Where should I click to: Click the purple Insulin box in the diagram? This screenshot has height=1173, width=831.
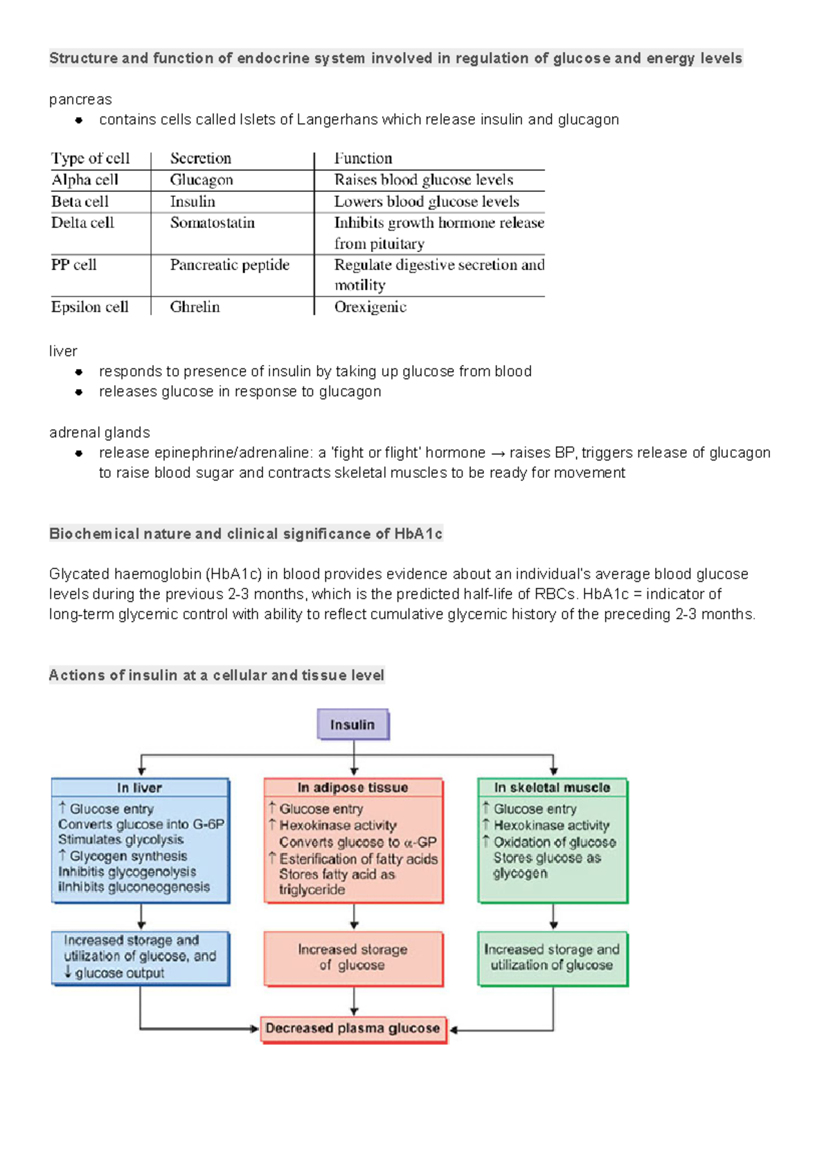click(x=352, y=724)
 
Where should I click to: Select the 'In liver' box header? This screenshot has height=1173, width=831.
click(x=139, y=788)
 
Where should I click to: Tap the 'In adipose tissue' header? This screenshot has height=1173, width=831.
click(x=352, y=787)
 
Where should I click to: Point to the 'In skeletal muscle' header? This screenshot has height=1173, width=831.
click(x=552, y=787)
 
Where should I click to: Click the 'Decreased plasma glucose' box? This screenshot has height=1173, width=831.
click(x=352, y=1028)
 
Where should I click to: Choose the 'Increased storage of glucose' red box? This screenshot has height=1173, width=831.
click(x=352, y=958)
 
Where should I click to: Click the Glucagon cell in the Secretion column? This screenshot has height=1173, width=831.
click(x=202, y=180)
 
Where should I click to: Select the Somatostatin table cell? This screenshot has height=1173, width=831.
click(x=213, y=223)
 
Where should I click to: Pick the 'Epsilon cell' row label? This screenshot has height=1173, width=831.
click(x=90, y=307)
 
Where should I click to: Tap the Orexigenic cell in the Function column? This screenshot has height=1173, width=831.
click(x=370, y=307)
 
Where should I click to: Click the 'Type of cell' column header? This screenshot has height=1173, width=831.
click(x=90, y=159)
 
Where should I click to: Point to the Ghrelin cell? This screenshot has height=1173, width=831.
click(x=195, y=307)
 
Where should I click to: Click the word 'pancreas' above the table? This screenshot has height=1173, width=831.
click(x=80, y=100)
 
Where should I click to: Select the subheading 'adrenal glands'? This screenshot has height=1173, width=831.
click(x=100, y=433)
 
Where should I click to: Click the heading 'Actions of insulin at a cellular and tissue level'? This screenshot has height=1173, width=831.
click(x=216, y=675)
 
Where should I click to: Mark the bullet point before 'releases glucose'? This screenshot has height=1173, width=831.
click(x=79, y=392)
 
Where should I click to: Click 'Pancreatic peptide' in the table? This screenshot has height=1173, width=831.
click(x=230, y=265)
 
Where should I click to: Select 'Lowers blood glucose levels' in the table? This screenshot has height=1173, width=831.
click(x=427, y=202)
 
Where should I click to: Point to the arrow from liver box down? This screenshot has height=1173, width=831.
click(x=141, y=916)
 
